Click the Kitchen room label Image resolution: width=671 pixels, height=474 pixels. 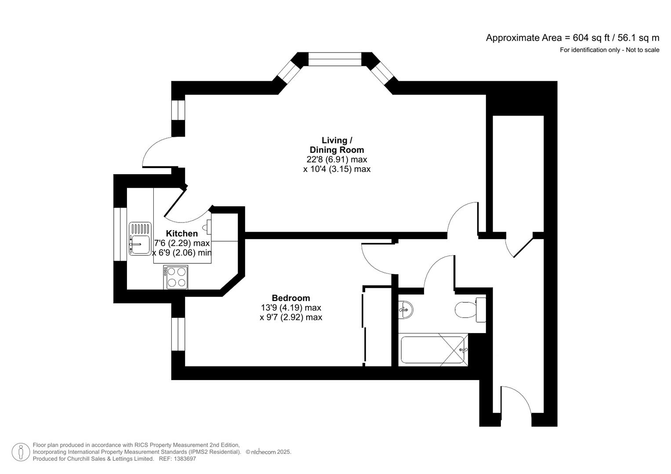(x=181, y=233)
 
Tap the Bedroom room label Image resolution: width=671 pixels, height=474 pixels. (x=290, y=298)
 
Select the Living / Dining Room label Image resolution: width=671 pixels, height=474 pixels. (x=337, y=145)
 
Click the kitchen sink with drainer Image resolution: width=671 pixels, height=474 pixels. (x=140, y=239)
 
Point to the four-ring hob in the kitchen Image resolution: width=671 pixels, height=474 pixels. (x=176, y=277)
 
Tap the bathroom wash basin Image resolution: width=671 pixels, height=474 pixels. (x=406, y=309)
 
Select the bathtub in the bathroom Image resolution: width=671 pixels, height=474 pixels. (x=432, y=350)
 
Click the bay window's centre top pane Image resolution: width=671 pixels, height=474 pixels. (x=334, y=59)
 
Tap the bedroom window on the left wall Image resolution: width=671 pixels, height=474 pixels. (x=178, y=334)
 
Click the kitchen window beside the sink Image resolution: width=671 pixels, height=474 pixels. (x=120, y=234)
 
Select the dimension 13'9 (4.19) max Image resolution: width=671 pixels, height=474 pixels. (x=290, y=308)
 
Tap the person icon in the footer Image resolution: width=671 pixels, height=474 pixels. (x=21, y=452)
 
